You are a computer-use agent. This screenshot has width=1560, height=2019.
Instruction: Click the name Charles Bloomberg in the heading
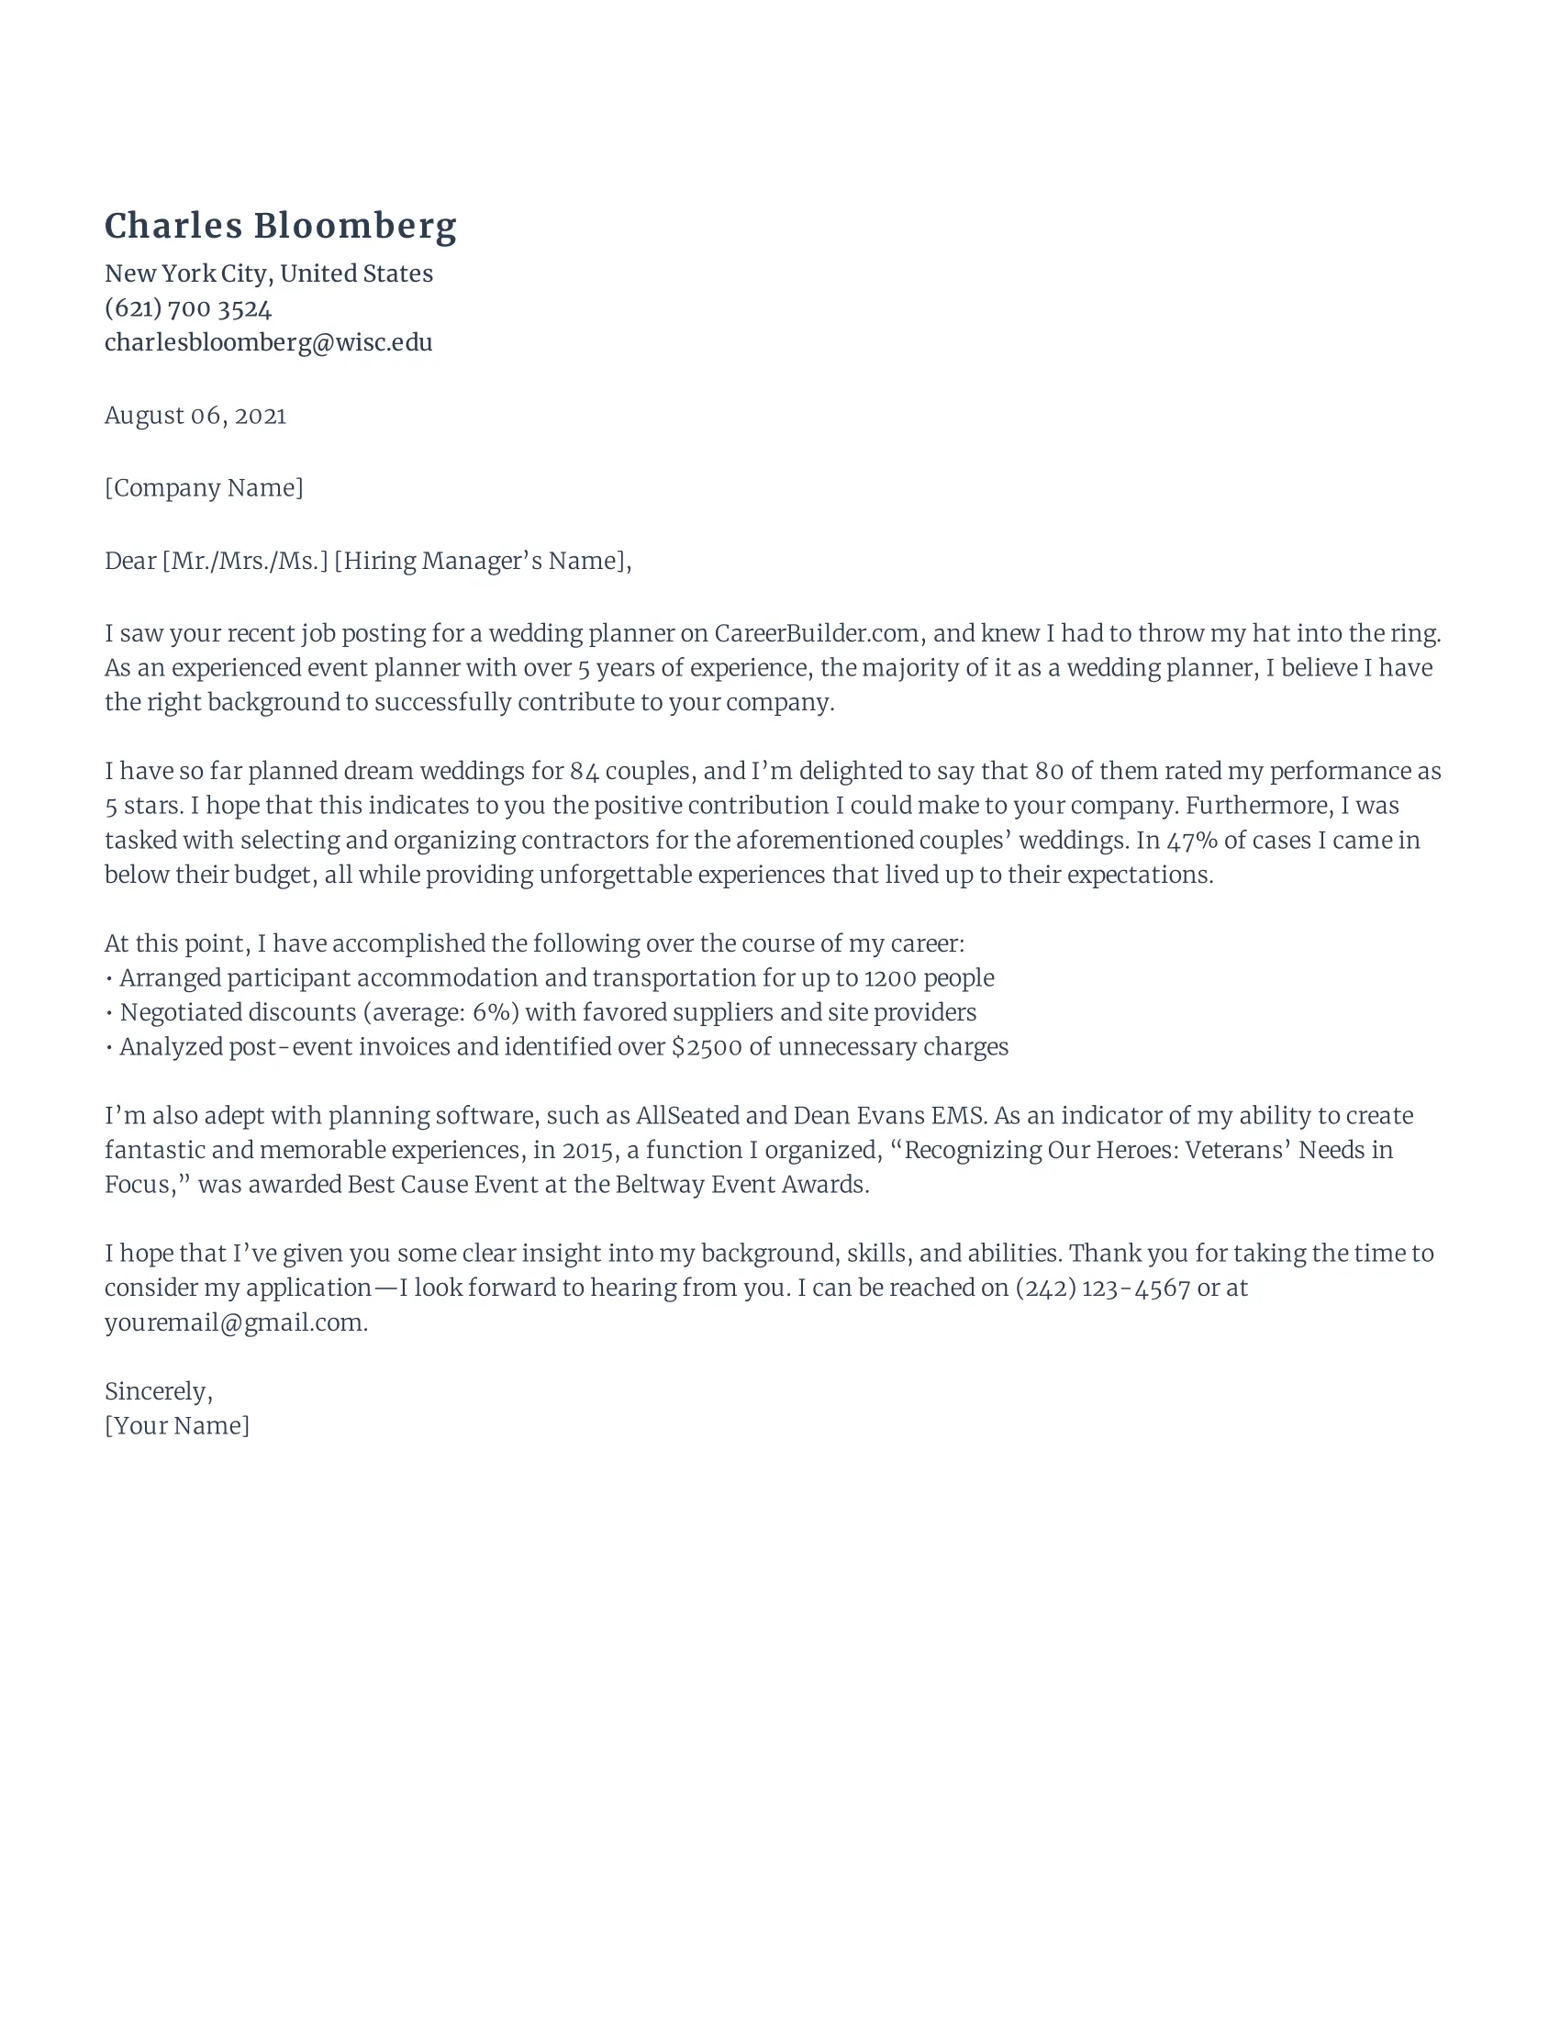(x=280, y=227)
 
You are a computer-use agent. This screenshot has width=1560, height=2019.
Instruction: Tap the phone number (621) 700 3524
(x=187, y=307)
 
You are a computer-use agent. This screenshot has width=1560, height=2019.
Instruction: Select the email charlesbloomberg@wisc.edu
(x=268, y=342)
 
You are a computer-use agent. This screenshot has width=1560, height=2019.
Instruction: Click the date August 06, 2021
(x=195, y=415)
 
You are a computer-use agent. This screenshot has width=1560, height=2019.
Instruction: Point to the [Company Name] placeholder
(x=204, y=487)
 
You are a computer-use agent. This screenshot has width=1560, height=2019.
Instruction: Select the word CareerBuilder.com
(x=817, y=633)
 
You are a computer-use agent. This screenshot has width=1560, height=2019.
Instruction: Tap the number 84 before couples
(x=584, y=771)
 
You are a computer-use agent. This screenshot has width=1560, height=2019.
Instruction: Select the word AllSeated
(x=687, y=1116)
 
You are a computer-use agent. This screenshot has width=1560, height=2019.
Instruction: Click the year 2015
(x=588, y=1150)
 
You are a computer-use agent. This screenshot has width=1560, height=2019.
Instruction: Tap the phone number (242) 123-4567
(x=1102, y=1288)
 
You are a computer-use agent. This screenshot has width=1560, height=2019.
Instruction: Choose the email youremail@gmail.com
(x=235, y=1322)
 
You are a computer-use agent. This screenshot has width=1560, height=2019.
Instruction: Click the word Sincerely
(x=157, y=1391)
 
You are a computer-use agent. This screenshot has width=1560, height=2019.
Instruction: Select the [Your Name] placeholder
(x=176, y=1425)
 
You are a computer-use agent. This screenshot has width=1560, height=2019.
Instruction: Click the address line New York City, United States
(x=268, y=273)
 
